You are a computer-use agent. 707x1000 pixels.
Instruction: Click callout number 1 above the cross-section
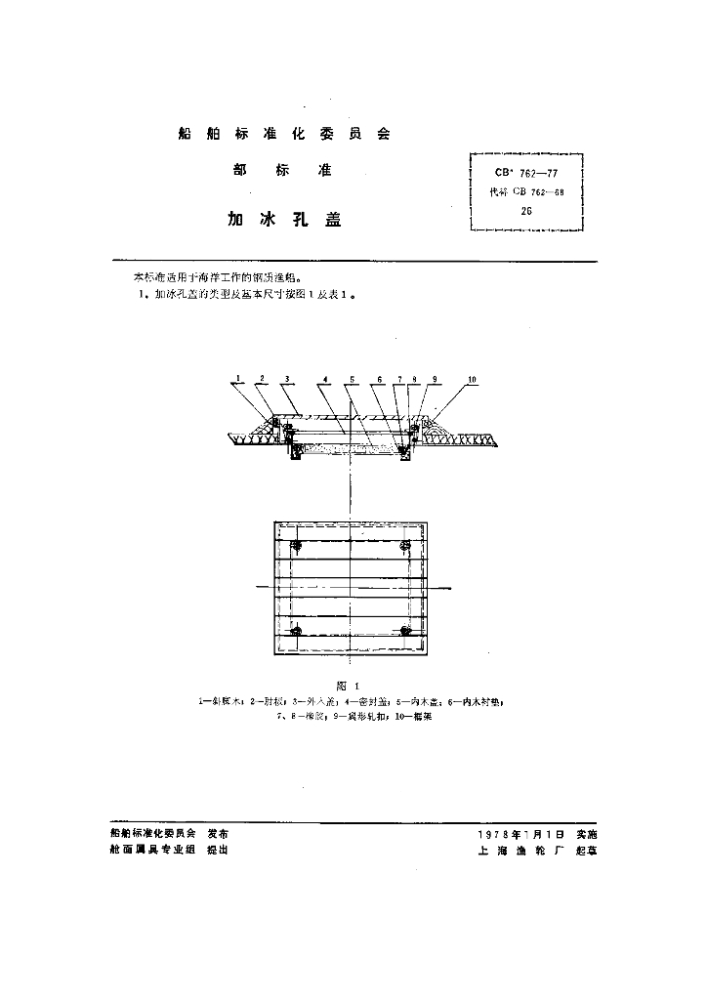point(237,378)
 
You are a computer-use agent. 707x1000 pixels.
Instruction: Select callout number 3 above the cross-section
point(285,378)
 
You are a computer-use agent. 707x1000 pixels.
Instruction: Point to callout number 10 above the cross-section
point(472,378)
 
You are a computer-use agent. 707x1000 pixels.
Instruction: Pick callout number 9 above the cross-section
point(433,378)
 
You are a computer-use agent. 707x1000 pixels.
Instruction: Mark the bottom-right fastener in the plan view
point(405,631)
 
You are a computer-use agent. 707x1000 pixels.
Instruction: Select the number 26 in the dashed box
point(526,210)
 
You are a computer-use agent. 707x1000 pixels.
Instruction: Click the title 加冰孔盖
point(284,220)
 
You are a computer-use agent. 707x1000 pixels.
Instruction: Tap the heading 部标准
point(283,171)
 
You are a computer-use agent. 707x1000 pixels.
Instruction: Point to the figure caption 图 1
point(349,687)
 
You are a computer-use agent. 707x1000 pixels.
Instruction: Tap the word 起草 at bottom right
point(587,851)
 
